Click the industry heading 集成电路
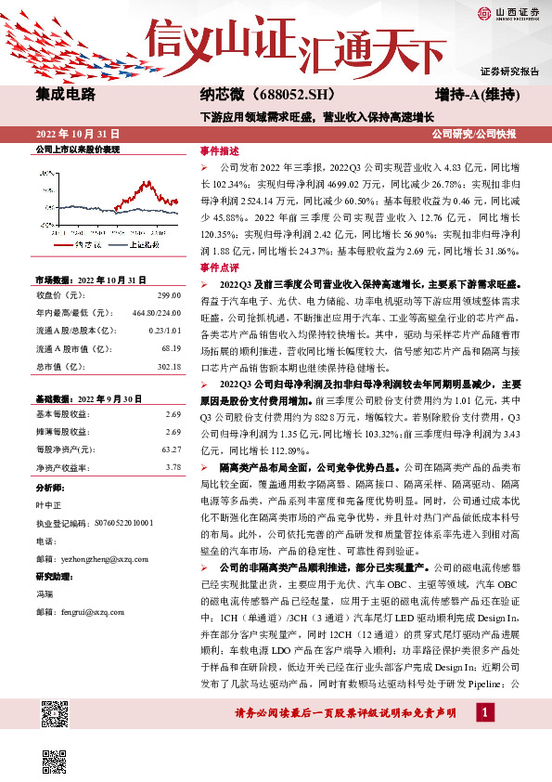[65, 94]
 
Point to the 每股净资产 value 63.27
[171, 449]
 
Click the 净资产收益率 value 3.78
[173, 468]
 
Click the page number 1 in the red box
[482, 712]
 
